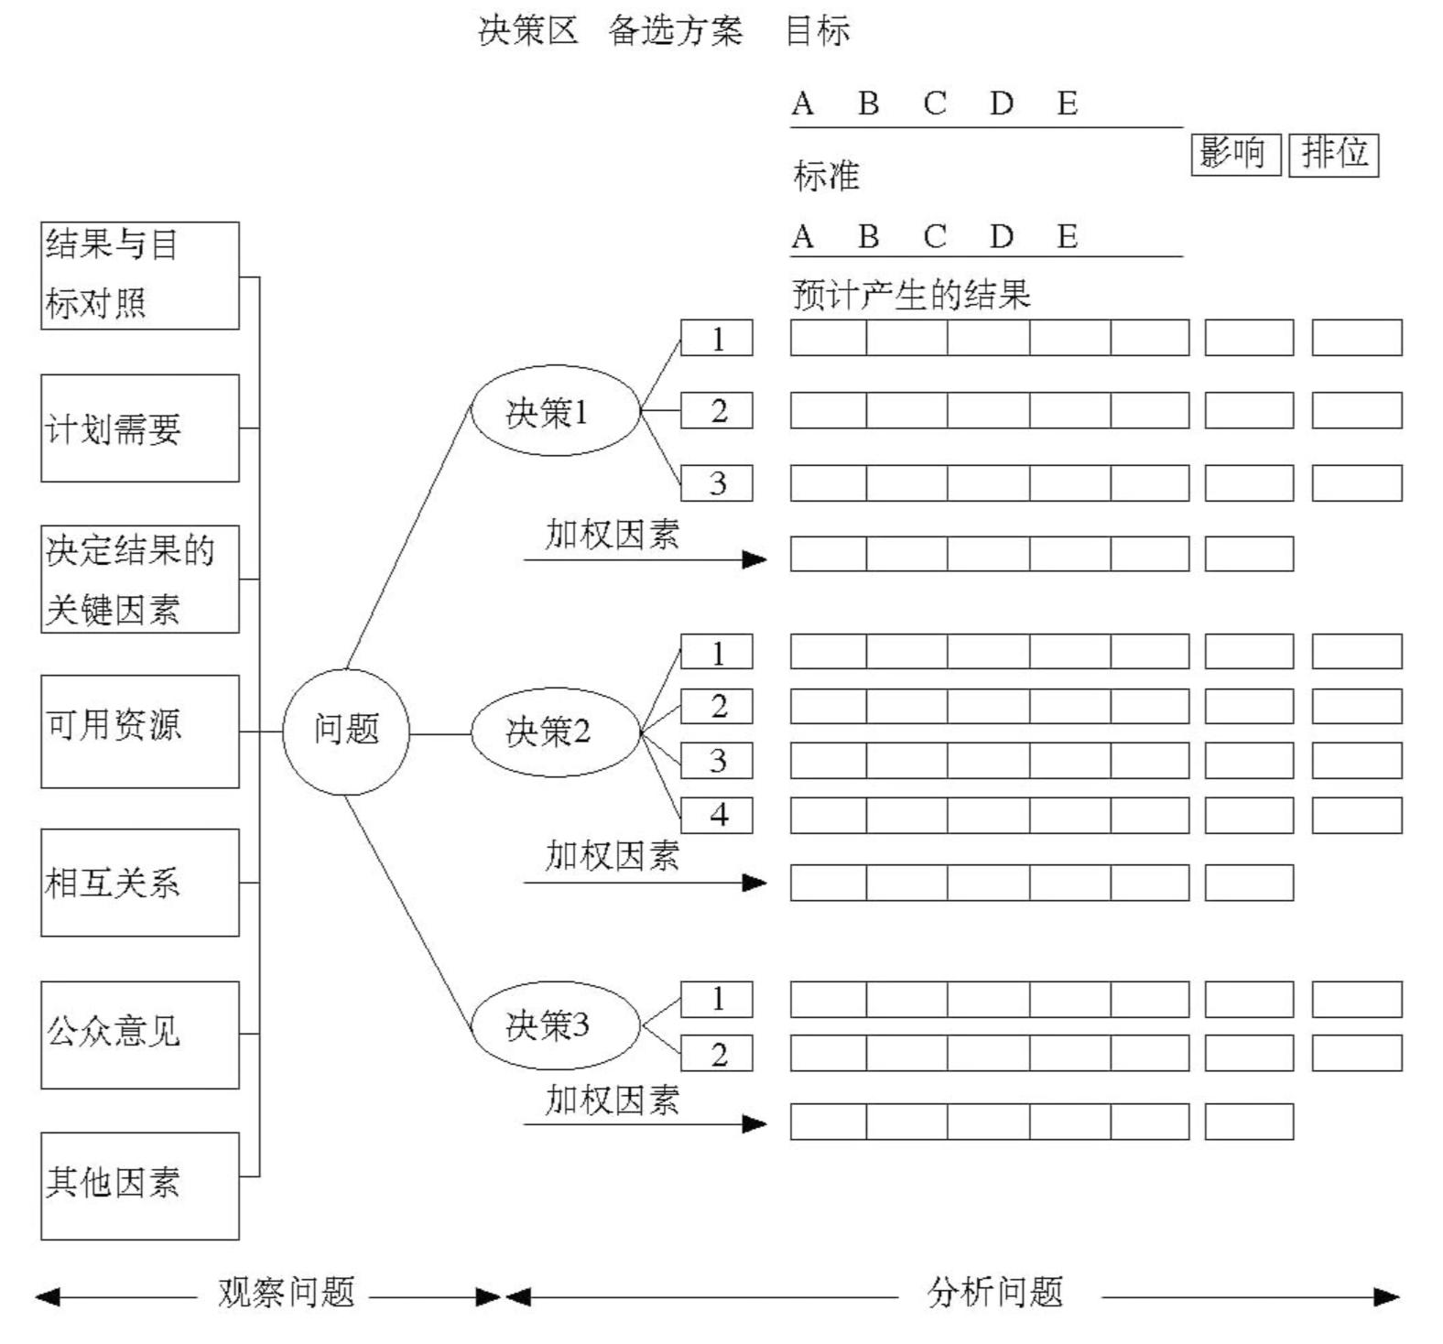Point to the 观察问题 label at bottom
point(286,1292)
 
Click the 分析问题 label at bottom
point(995,1292)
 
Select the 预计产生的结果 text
point(911,295)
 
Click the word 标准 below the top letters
point(826,175)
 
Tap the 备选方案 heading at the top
point(675,31)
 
